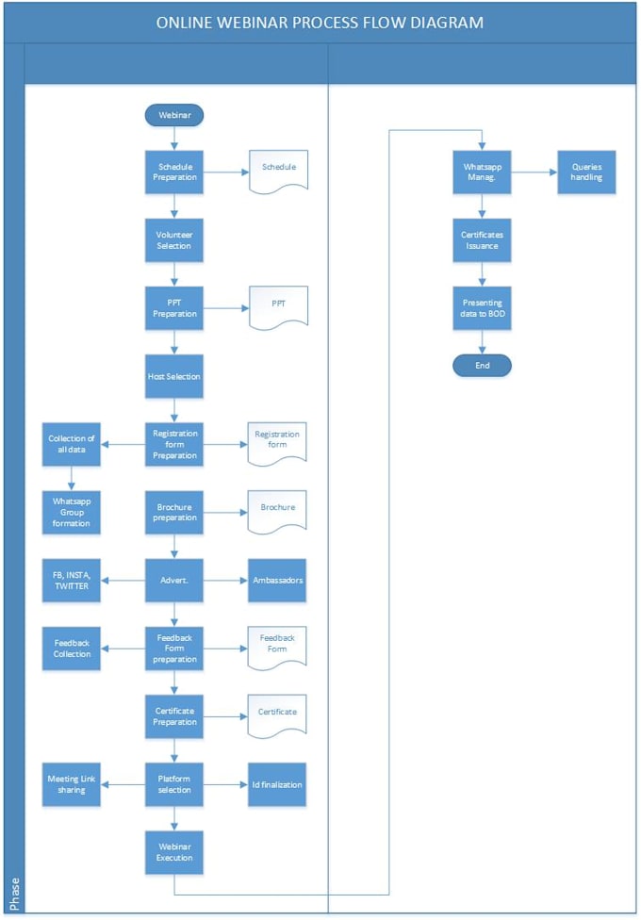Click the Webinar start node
point(173,115)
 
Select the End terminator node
point(482,366)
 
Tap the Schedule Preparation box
point(173,172)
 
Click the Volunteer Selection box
point(173,240)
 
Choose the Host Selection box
point(173,376)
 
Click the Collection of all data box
point(72,444)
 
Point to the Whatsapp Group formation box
point(72,513)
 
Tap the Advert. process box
point(173,581)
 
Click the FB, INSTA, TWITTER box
point(72,581)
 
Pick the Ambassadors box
point(278,581)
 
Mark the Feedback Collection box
point(72,649)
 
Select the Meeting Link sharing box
point(72,784)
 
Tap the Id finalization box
point(278,784)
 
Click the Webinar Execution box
point(173,852)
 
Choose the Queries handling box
point(586,172)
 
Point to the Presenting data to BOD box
point(482,308)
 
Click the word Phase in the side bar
point(13,894)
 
